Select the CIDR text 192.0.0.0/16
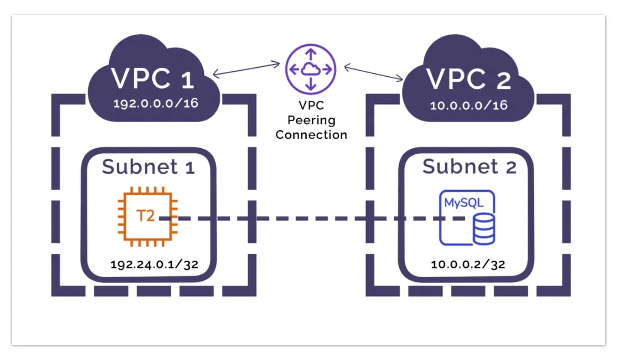pos(156,104)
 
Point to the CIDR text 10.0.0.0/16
pos(468,105)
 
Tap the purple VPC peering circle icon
pos(311,69)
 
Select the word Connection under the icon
pos(311,135)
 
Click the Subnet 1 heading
pos(148,167)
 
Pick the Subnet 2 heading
pos(469,167)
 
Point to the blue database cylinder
pos(484,230)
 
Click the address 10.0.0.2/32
pos(468,264)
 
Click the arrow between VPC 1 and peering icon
pos(246,70)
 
